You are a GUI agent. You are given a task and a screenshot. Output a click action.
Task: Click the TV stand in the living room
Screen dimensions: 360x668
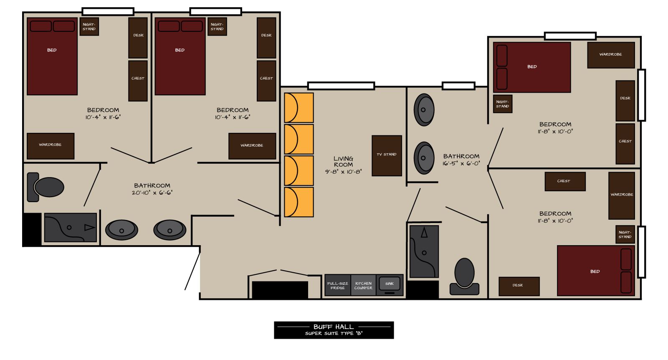tap(387, 155)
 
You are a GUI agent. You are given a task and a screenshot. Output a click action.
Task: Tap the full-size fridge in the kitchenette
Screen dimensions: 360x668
tap(337, 285)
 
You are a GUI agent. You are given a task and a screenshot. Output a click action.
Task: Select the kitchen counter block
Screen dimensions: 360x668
tap(363, 285)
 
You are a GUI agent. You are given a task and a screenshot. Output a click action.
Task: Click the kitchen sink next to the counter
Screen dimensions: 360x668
tap(390, 284)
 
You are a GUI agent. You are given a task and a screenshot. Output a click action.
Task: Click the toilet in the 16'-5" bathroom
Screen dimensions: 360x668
tap(464, 276)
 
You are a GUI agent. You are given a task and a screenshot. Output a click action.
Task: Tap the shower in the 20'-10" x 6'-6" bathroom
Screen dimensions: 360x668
tap(70, 228)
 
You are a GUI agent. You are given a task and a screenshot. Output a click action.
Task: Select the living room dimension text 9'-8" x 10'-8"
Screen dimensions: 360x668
tap(343, 172)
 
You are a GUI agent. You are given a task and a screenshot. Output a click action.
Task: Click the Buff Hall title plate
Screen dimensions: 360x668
tap(334, 330)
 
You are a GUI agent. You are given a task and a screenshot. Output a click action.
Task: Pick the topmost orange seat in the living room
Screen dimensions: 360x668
tap(299, 108)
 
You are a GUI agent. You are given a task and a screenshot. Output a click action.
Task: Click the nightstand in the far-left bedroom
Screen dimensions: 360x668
tap(89, 27)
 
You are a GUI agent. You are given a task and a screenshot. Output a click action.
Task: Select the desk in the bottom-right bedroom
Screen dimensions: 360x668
tap(519, 286)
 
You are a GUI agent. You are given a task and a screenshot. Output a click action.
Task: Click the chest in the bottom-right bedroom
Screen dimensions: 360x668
tap(564, 181)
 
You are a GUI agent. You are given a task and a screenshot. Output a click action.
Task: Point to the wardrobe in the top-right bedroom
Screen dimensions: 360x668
tap(610, 55)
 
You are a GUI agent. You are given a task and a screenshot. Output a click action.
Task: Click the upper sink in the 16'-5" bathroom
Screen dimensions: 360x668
tap(423, 110)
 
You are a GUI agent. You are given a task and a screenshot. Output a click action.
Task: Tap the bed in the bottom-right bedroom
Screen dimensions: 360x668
tap(595, 271)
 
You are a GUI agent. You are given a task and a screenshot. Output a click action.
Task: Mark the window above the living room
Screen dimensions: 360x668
tap(341, 86)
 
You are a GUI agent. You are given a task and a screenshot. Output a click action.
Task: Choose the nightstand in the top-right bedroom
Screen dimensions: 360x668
tap(502, 104)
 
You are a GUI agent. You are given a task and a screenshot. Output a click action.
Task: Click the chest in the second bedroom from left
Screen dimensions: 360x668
tap(266, 81)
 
